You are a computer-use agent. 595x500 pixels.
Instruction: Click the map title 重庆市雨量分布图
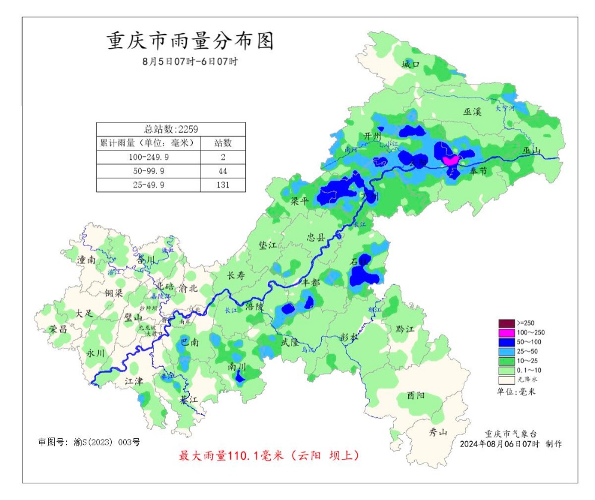190,41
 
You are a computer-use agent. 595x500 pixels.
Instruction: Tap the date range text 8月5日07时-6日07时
190,61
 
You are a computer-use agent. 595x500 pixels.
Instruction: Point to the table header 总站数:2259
171,129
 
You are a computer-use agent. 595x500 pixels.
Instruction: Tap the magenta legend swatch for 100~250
506,332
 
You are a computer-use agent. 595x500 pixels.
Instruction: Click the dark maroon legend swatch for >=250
506,323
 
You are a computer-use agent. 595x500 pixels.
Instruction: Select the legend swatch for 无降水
506,379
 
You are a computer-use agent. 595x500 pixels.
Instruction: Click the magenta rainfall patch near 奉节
450,160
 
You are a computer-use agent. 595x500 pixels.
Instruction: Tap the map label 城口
411,64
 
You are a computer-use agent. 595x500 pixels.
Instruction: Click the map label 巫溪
473,111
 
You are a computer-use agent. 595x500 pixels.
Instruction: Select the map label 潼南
86,260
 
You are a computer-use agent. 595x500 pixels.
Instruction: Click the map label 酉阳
416,395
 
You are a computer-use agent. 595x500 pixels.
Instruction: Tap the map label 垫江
268,245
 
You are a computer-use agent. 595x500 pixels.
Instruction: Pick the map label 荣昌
58,329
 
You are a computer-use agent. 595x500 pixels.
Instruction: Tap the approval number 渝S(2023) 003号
107,442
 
